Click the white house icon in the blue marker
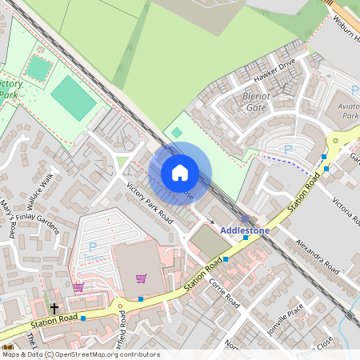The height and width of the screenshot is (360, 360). click(180, 173)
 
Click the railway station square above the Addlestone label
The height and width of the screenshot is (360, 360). click(245, 218)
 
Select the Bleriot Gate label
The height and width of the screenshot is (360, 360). click(255, 102)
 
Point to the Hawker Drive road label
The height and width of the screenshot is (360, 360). click(274, 71)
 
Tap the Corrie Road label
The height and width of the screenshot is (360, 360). click(224, 293)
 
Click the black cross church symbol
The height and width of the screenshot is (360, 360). click(54, 307)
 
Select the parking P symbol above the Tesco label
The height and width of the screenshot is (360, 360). click(93, 247)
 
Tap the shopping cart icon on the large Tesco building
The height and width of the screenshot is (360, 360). click(142, 278)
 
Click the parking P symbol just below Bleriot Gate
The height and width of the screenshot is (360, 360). click(288, 149)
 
